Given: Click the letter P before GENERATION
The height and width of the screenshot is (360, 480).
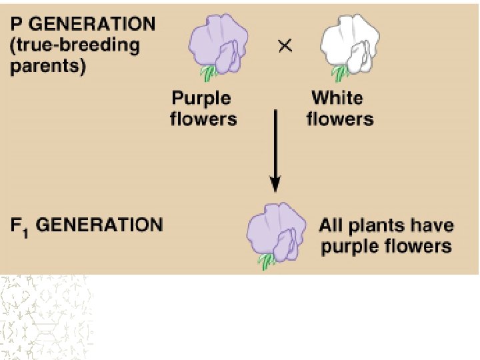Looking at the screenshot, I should pyautogui.click(x=17, y=25).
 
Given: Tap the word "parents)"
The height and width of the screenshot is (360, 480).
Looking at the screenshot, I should pyautogui.click(x=48, y=67).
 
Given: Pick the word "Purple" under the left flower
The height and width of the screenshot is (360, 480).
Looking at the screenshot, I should pyautogui.click(x=201, y=98).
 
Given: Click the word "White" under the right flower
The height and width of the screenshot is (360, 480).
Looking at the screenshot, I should pyautogui.click(x=337, y=98).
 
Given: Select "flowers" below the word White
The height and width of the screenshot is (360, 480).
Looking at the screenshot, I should pyautogui.click(x=340, y=119).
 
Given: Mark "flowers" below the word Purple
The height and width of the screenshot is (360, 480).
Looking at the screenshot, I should pyautogui.click(x=203, y=119).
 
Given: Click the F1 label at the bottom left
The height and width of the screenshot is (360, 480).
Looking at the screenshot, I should pyautogui.click(x=19, y=225).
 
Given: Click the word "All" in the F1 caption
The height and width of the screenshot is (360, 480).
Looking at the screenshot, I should pyautogui.click(x=331, y=225).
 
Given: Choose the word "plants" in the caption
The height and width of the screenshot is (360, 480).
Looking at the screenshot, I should pyautogui.click(x=379, y=225).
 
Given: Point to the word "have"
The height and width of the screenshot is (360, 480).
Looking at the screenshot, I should pyautogui.click(x=433, y=225).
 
